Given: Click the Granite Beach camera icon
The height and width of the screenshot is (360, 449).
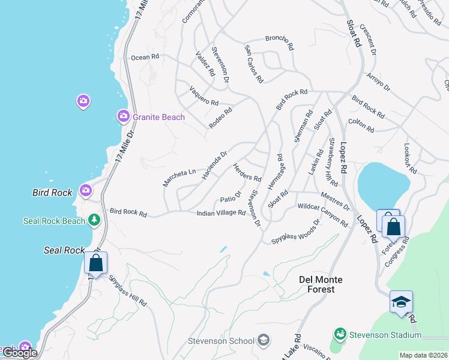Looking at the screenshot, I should (123, 115).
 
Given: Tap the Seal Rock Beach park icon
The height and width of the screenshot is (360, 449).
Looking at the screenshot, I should (94, 221).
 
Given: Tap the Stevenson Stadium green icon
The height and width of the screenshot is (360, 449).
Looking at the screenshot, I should (340, 333).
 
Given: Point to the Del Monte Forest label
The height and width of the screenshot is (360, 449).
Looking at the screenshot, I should (321, 284).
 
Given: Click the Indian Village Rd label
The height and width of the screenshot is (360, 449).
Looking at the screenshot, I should (221, 213).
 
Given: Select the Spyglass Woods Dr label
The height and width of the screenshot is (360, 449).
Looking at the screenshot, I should (295, 231).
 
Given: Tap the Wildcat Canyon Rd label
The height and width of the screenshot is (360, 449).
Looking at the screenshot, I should (322, 215).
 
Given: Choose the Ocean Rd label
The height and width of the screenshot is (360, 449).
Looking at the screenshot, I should (145, 58).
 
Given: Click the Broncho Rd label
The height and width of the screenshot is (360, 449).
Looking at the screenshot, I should (279, 42).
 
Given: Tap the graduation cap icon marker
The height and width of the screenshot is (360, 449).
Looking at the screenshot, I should (401, 301).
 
